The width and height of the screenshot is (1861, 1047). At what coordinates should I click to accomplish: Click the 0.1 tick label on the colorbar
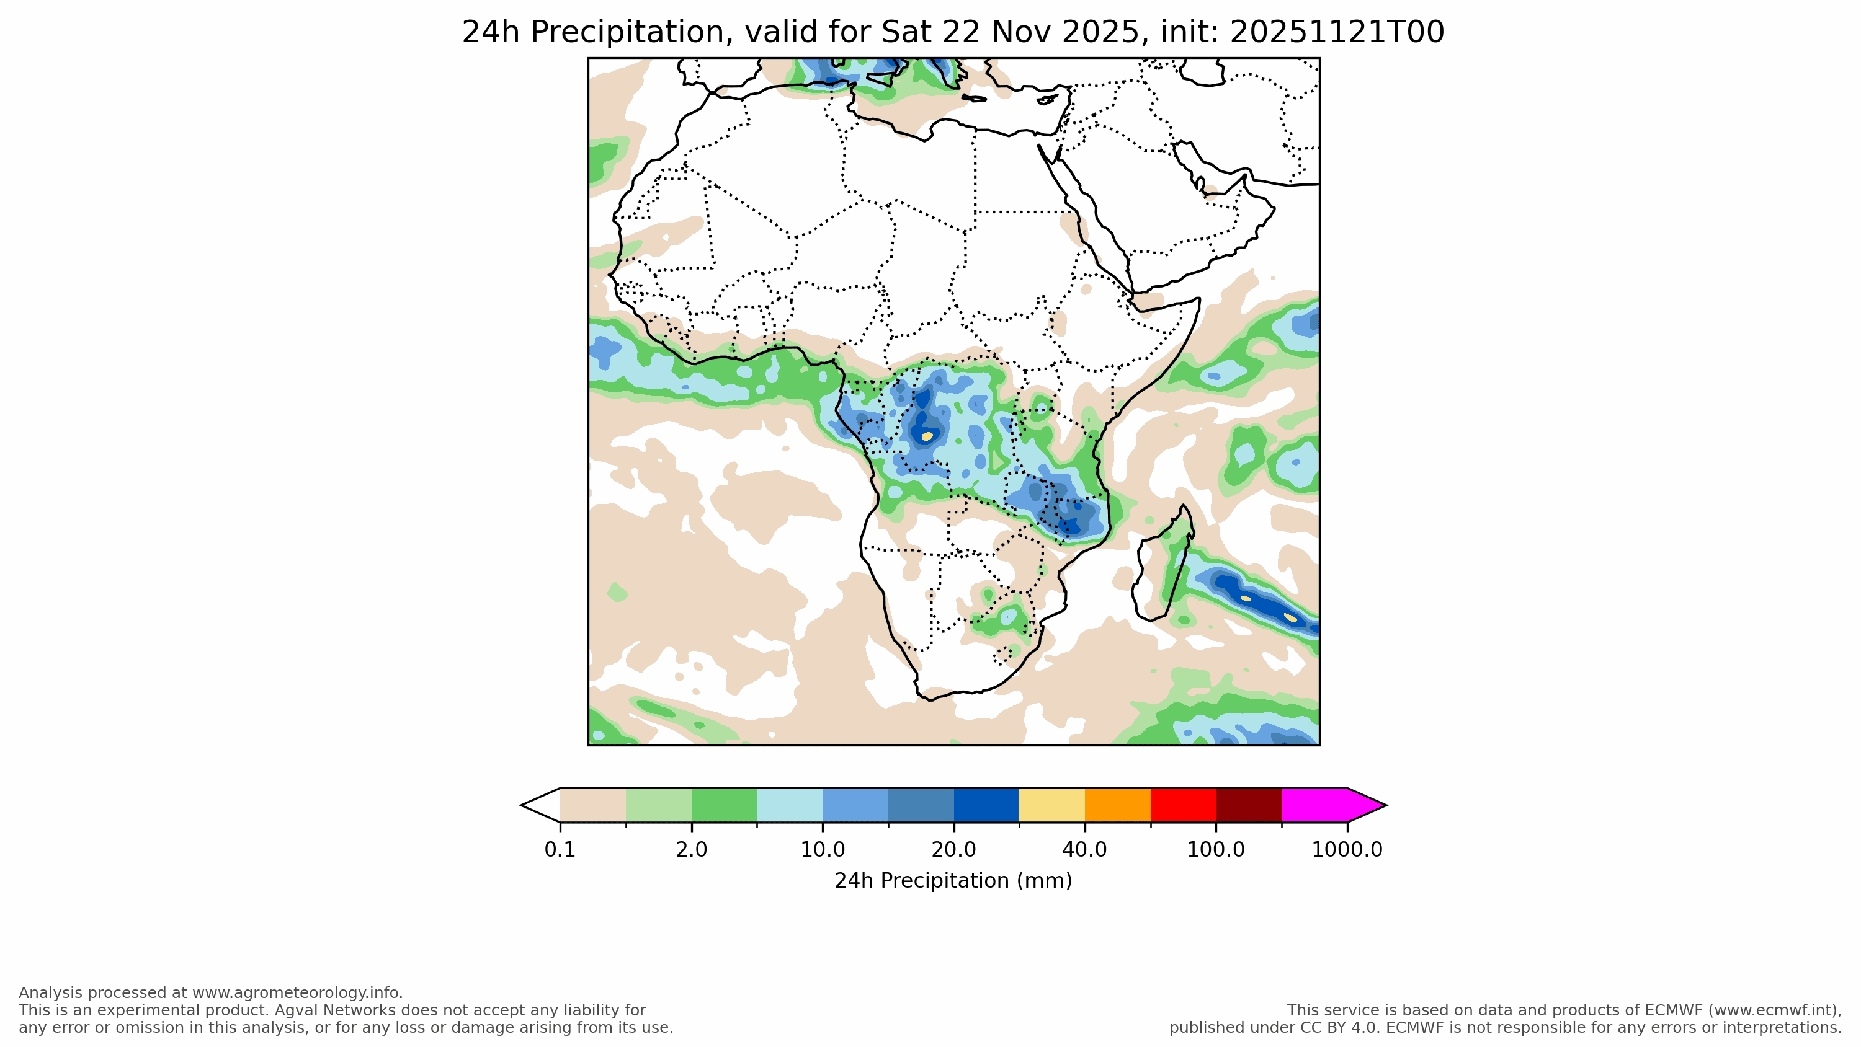coord(560,849)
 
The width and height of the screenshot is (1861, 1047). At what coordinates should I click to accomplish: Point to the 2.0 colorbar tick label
coord(692,849)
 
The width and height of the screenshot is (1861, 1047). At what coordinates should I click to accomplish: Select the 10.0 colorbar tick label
coord(822,849)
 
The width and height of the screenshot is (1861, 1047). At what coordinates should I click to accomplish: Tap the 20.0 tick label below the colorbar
coord(953,849)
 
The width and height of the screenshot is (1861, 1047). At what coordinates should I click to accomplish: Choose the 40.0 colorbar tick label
coord(1084,849)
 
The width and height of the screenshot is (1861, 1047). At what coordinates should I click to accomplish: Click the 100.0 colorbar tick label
coord(1216,849)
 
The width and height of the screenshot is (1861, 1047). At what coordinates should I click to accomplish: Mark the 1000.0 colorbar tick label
coord(1347,849)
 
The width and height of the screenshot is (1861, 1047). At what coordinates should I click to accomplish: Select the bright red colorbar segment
coord(1182,805)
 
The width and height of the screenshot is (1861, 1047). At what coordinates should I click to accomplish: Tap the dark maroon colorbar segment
coord(1248,805)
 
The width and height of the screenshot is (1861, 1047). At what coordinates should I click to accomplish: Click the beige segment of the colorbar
coord(592,805)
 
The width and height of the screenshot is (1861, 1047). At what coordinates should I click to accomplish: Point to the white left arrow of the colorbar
coord(542,805)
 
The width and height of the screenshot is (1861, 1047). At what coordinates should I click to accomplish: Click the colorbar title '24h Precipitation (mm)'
coord(953,881)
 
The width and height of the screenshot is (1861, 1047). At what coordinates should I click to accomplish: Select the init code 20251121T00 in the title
coord(1337,32)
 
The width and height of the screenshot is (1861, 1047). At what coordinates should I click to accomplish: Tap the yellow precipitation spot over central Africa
coord(927,436)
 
